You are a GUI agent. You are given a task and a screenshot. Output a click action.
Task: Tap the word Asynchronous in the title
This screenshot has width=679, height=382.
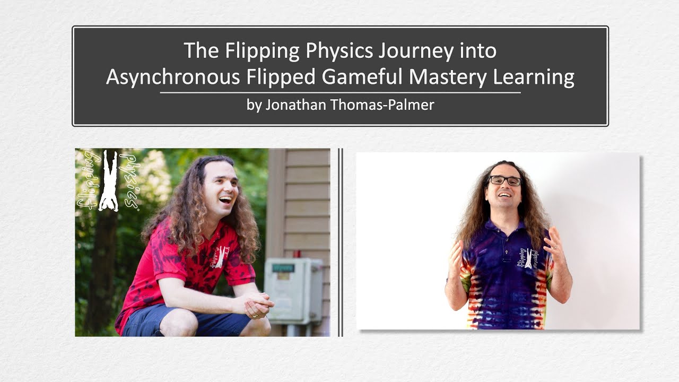[x=172, y=77]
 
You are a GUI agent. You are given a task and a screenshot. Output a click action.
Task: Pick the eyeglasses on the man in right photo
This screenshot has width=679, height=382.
[x=504, y=181]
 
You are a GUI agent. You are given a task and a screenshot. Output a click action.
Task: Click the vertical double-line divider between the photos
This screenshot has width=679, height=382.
[x=341, y=242]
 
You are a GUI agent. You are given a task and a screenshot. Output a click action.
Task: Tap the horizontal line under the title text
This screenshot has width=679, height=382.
[x=340, y=93]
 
